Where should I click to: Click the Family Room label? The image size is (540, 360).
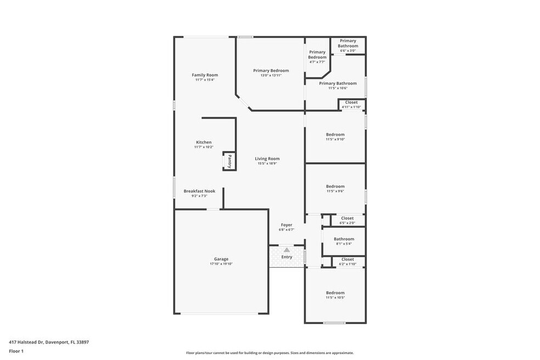tap(205, 75)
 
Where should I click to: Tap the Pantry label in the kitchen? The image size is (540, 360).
tap(229, 161)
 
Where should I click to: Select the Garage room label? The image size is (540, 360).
tap(221, 259)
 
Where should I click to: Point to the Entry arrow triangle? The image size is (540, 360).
tap(286, 250)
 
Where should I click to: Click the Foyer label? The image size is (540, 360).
tap(286, 225)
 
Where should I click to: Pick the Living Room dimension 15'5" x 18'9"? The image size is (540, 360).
tap(267, 164)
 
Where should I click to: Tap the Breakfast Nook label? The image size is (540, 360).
tap(199, 191)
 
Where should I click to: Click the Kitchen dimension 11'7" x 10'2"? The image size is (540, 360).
tap(204, 147)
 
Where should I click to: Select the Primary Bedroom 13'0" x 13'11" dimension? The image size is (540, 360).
tap(271, 75)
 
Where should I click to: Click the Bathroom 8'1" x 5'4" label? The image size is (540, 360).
tap(344, 239)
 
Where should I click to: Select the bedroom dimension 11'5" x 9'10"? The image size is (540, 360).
tap(335, 139)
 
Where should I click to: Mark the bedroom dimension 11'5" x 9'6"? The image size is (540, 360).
tap(335, 191)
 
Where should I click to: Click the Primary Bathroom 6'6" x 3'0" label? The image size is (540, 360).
tap(348, 43)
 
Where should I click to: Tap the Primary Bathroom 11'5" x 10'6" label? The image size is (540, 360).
tap(338, 83)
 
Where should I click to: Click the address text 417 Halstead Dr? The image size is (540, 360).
tap(26, 342)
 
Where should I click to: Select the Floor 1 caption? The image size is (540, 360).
tap(16, 351)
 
